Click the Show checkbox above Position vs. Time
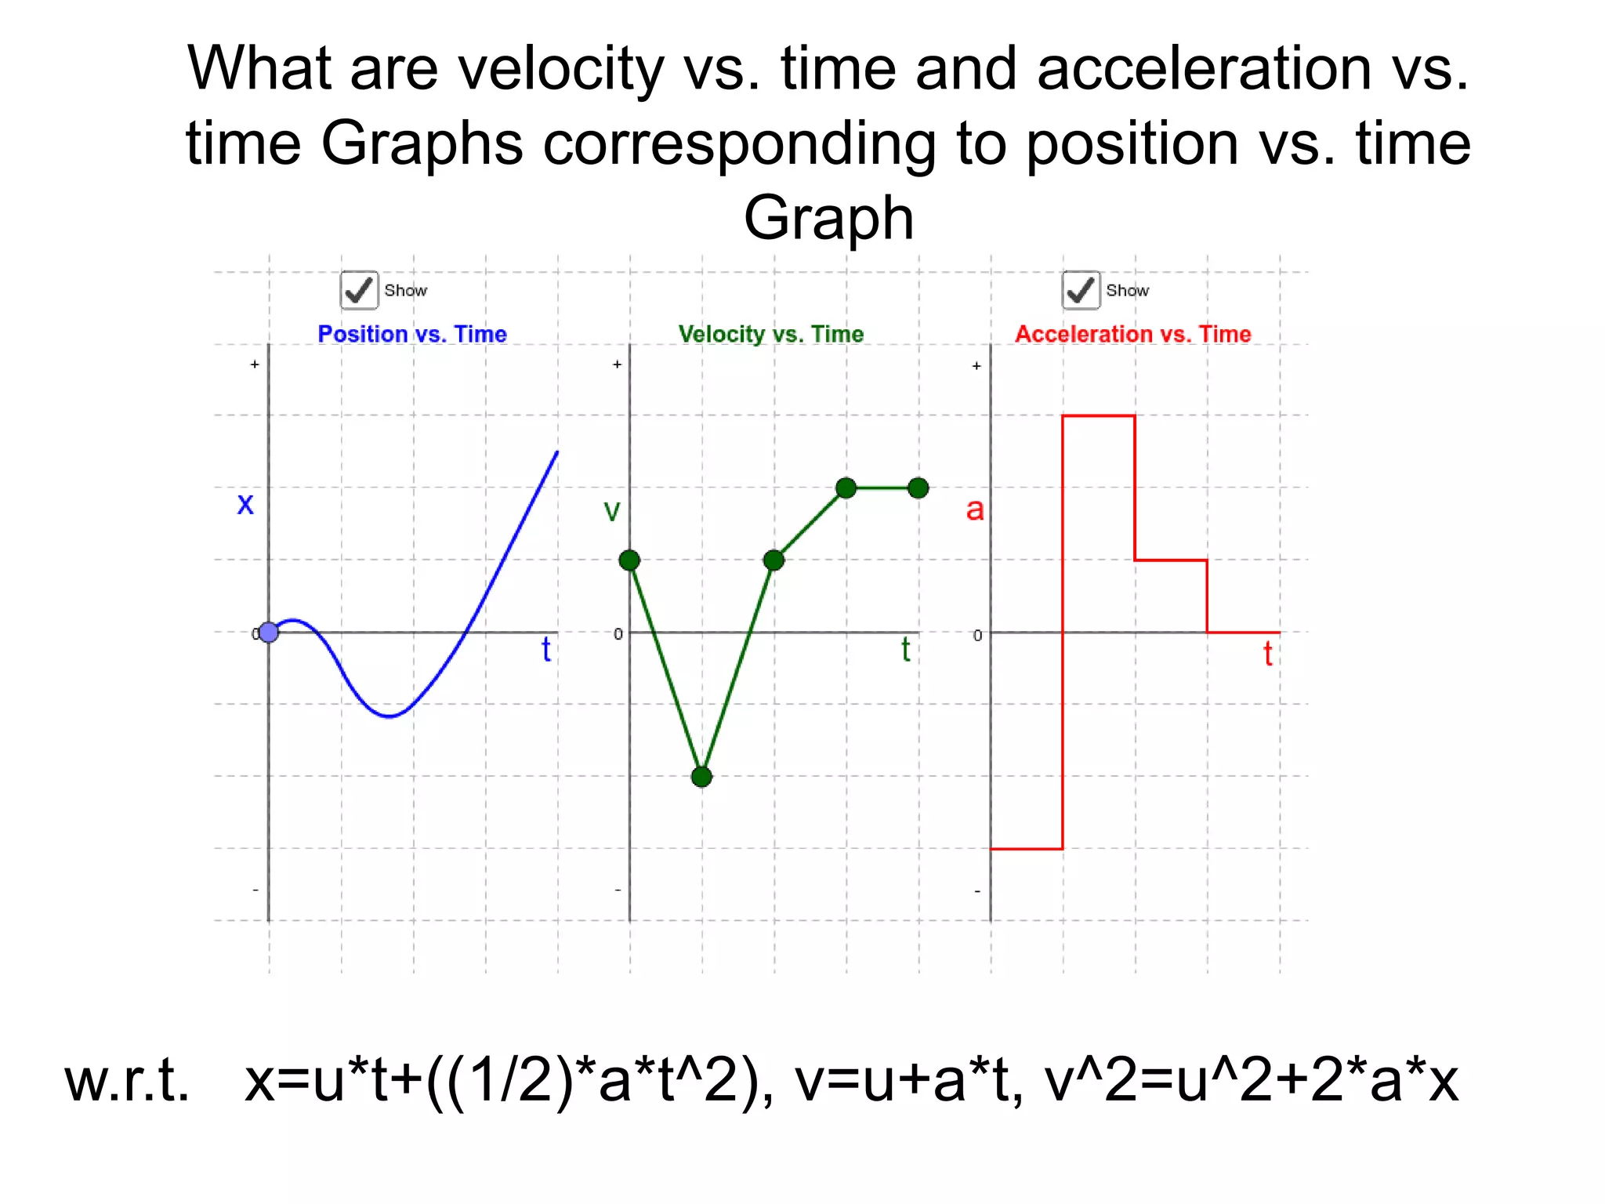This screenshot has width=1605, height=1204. pyautogui.click(x=359, y=291)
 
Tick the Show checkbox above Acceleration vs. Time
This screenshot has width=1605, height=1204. pyautogui.click(x=1081, y=291)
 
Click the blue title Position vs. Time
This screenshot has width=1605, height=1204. pyautogui.click(x=412, y=334)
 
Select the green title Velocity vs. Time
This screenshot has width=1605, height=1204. pyautogui.click(x=771, y=334)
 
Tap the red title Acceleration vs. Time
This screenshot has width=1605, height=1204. pyautogui.click(x=1132, y=334)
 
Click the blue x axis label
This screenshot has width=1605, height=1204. pyautogui.click(x=245, y=503)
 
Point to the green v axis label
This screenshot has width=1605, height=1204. pyautogui.click(x=611, y=511)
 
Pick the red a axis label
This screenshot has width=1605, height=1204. pyautogui.click(x=974, y=510)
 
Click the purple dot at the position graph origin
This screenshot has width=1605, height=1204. pyautogui.click(x=269, y=632)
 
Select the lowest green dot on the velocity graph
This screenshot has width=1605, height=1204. pyautogui.click(x=701, y=777)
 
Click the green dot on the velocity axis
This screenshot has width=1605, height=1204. pyautogui.click(x=629, y=560)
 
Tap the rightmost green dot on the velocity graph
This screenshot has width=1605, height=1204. pyautogui.click(x=918, y=488)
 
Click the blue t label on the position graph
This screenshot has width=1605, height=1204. pyautogui.click(x=546, y=650)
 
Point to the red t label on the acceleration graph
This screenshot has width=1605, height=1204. pyautogui.click(x=1267, y=654)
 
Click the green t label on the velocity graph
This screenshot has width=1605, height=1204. pyautogui.click(x=905, y=650)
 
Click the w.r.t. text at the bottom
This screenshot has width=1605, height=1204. pyautogui.click(x=127, y=1082)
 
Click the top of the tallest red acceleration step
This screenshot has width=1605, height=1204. pyautogui.click(x=1099, y=416)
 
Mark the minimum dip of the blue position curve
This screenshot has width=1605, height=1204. pyautogui.click(x=389, y=716)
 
